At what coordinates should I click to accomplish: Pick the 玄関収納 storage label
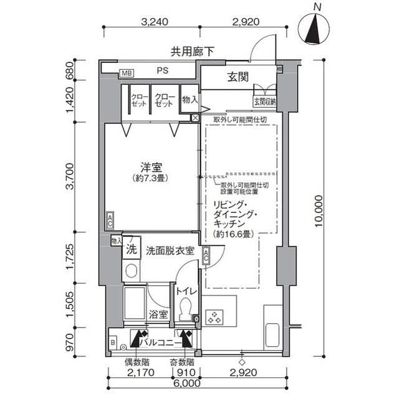point(264,101)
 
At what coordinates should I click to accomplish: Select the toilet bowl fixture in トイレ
point(185,308)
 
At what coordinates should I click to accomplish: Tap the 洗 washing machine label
point(131,250)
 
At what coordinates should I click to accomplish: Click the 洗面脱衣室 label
point(170,251)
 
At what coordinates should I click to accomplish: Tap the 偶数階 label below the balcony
point(136,362)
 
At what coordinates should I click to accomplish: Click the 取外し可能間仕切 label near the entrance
point(240,119)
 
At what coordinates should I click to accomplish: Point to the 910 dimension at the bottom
point(185,374)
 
